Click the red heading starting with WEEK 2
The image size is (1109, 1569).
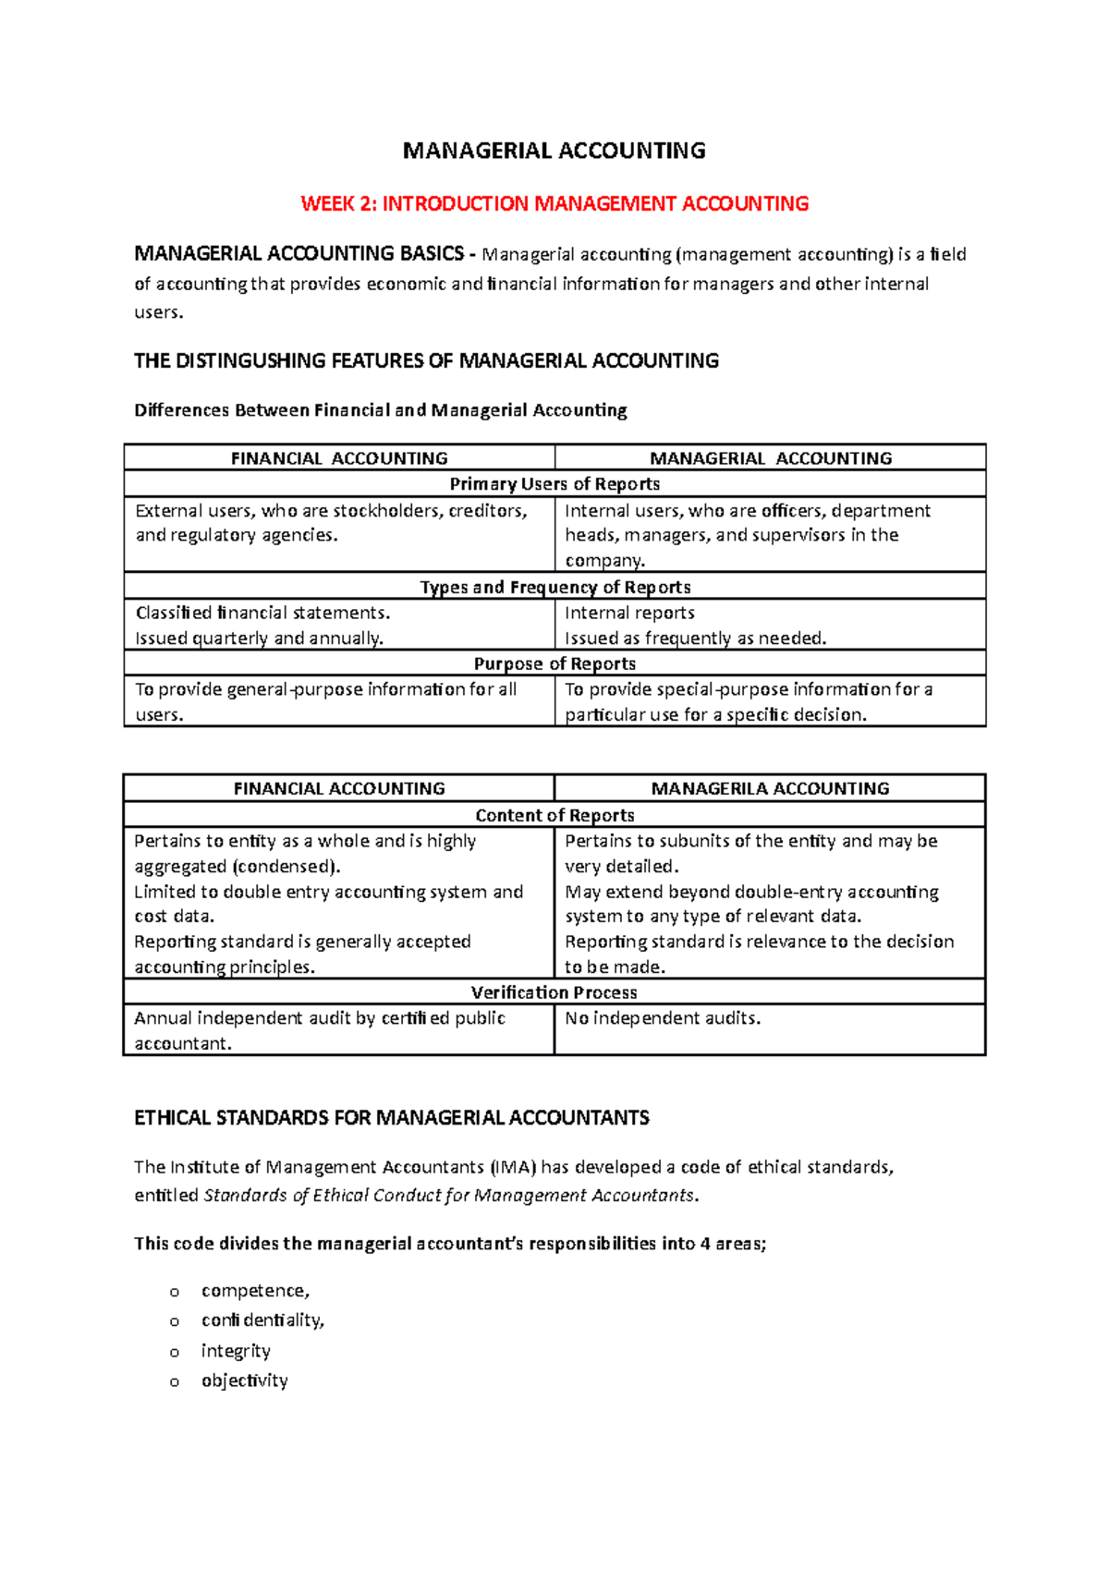[554, 203]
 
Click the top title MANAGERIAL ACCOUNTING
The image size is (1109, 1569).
[554, 151]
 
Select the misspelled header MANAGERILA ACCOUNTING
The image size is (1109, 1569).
[770, 788]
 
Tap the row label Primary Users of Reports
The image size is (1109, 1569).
[554, 484]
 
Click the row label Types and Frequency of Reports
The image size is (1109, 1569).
[554, 587]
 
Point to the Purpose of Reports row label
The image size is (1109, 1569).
[554, 663]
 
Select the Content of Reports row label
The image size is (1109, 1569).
[554, 815]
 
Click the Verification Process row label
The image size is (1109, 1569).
[554, 992]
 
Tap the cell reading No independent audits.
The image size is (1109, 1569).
[663, 1018]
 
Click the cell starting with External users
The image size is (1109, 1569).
[331, 523]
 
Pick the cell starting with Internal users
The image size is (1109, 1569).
[747, 535]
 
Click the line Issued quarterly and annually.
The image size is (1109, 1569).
[260, 638]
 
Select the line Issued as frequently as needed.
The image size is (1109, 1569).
[695, 638]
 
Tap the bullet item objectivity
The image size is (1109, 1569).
[245, 1380]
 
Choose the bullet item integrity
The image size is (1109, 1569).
[236, 1351]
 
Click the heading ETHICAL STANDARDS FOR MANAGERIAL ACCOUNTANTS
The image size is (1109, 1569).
[392, 1118]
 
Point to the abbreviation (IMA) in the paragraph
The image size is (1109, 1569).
[513, 1167]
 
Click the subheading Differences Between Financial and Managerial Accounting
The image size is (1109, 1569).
[381, 410]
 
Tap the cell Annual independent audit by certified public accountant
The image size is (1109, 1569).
[320, 1030]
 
